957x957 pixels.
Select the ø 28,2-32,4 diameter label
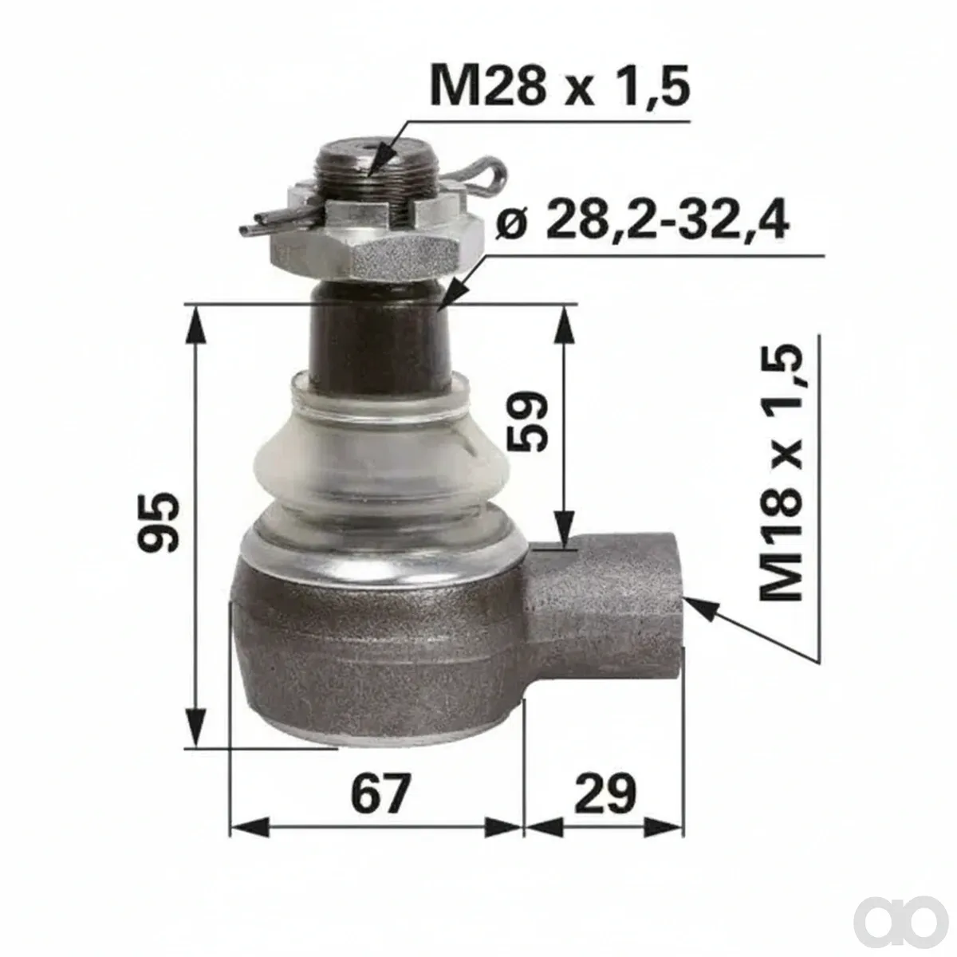click(x=643, y=219)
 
